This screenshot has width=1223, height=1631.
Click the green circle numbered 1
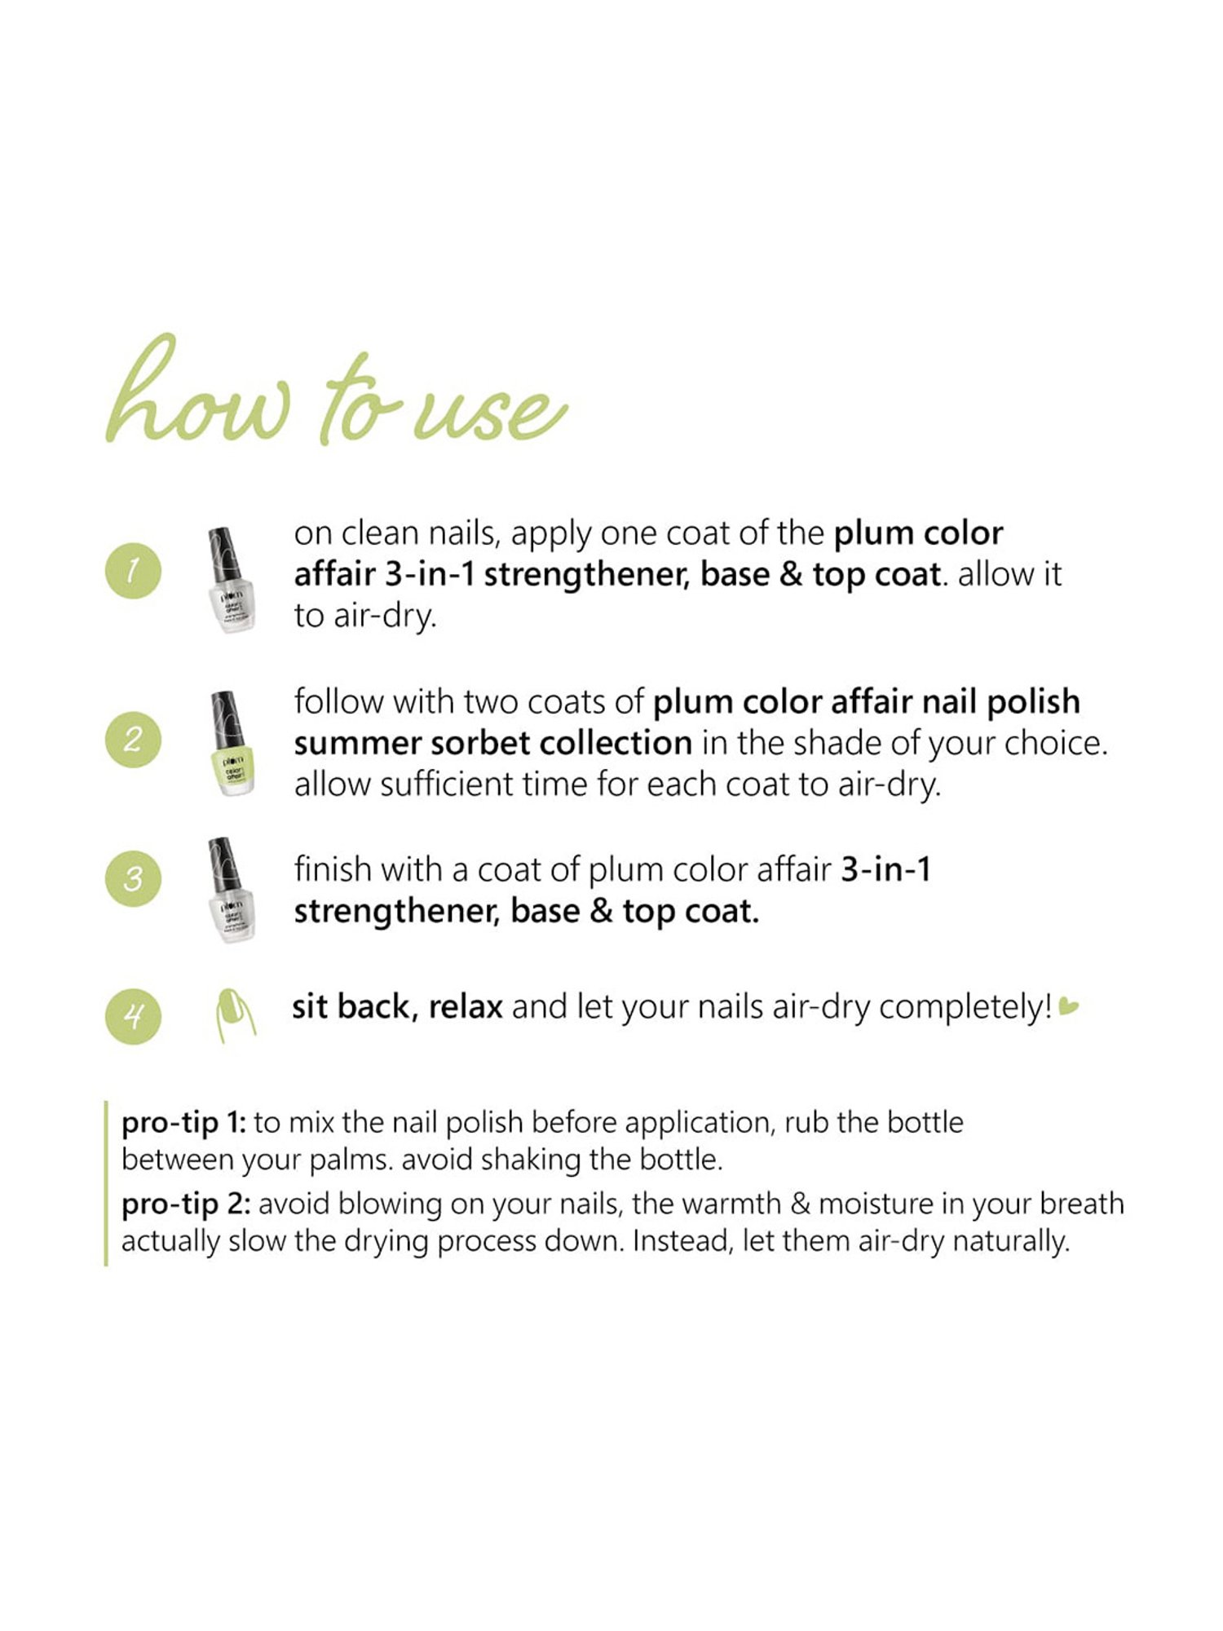click(x=134, y=571)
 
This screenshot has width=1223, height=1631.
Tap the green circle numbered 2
click(x=134, y=740)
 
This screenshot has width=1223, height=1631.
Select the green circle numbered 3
click(x=134, y=878)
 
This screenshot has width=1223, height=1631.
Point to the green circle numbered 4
click(x=134, y=1016)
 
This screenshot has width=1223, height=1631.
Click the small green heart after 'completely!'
click(x=1068, y=1008)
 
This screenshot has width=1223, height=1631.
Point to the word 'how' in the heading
click(x=196, y=396)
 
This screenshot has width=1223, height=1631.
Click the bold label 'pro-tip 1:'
click(x=183, y=1123)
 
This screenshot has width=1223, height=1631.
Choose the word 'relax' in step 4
click(x=466, y=1007)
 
